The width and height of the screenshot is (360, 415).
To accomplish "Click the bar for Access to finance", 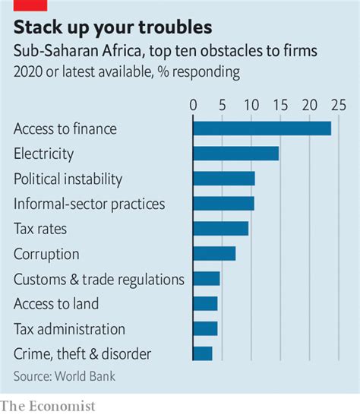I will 262,128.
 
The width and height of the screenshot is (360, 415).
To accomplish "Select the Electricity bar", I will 235,154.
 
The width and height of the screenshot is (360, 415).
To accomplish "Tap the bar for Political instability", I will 224,179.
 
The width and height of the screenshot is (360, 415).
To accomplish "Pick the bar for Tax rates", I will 221,228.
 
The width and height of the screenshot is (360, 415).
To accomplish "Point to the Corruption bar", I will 214,253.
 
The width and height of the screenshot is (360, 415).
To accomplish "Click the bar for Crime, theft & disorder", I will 203,353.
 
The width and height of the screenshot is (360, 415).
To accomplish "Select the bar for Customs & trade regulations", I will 207,278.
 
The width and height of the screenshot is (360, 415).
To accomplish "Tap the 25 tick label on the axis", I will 338,104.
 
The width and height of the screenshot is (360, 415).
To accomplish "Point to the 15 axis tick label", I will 279,104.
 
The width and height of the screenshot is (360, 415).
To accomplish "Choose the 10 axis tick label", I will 251,104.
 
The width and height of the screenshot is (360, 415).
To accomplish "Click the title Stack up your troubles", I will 113,29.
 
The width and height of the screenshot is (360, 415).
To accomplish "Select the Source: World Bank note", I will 65,375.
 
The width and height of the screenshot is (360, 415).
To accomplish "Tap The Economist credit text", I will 48,406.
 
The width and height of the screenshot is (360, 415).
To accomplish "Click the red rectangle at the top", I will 26,4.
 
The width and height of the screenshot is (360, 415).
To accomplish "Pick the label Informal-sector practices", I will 89,204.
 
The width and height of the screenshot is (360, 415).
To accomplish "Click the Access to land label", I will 56,304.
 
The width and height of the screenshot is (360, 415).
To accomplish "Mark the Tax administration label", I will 69,329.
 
